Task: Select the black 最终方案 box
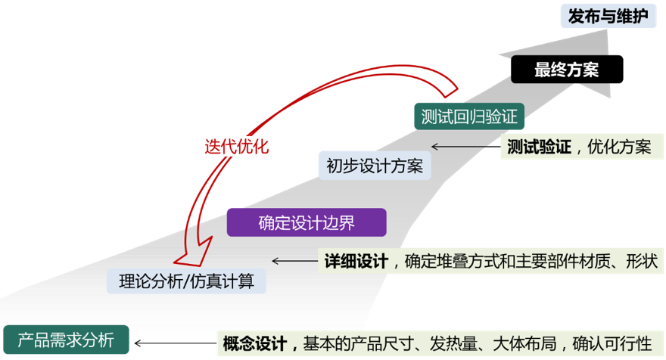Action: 567,70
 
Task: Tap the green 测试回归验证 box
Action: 469,116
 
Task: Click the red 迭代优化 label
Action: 236,145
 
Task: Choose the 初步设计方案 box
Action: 374,166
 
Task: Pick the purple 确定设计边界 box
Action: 307,222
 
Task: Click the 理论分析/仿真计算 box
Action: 186,281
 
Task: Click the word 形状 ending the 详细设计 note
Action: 643,262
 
